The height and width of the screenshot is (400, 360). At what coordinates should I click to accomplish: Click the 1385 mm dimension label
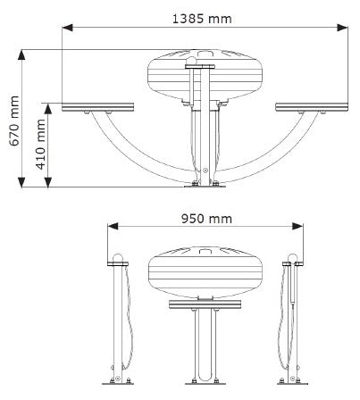pyautogui.click(x=202, y=19)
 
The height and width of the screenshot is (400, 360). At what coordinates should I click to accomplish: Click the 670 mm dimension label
pyautogui.click(x=14, y=121)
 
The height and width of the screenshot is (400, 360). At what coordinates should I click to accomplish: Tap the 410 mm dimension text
pyautogui.click(x=40, y=145)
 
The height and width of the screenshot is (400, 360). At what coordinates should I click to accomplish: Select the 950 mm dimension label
pyautogui.click(x=206, y=219)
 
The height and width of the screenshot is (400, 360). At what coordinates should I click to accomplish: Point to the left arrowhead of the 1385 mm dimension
pyautogui.click(x=67, y=28)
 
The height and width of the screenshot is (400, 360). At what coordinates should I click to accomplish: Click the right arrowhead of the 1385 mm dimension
pyautogui.click(x=342, y=28)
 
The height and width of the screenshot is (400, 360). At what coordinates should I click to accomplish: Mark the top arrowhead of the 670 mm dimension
pyautogui.click(x=21, y=55)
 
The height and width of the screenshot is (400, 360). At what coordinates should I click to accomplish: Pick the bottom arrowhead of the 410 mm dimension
pyautogui.click(x=48, y=182)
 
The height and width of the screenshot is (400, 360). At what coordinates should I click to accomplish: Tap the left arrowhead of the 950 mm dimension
pyautogui.click(x=113, y=226)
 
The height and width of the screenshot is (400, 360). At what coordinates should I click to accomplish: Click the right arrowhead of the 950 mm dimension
pyautogui.click(x=297, y=226)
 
